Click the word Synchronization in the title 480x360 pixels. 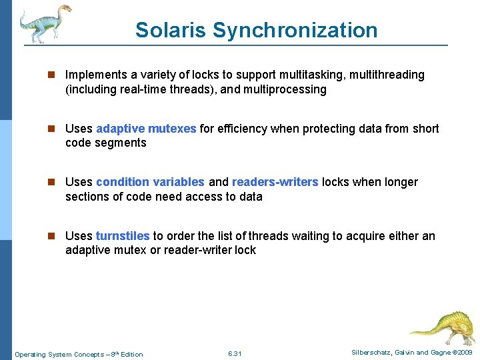tap(295, 30)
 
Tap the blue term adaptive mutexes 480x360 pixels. tap(146, 129)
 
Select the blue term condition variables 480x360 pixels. tap(150, 182)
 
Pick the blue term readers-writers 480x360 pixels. tap(275, 182)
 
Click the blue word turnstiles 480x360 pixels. tap(123, 235)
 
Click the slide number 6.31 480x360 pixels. tap(234, 353)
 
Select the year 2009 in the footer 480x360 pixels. tap(465, 352)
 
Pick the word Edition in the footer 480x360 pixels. tap(131, 354)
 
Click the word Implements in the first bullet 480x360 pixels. tap(93, 75)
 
